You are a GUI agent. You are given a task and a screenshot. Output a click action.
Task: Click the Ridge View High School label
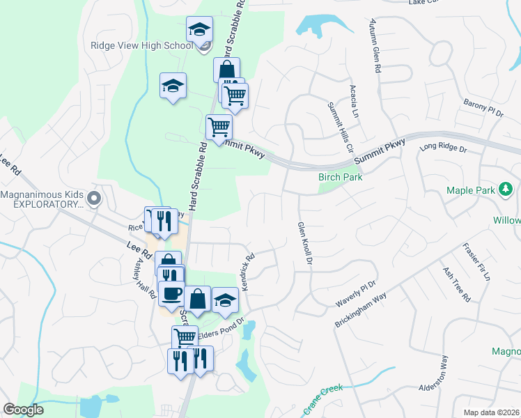point(141,45)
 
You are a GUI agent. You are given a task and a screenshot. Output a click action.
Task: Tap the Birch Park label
point(340,177)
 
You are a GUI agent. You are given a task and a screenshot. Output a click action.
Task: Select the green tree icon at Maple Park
point(506,189)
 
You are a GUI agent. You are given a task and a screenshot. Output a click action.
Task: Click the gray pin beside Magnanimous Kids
point(95,199)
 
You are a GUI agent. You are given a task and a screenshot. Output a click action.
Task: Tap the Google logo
point(24,410)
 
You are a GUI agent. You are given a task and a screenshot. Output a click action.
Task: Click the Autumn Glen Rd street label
point(375,47)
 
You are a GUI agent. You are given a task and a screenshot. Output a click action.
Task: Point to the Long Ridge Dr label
point(442,147)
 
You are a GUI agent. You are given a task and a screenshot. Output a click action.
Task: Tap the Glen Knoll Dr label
point(304,243)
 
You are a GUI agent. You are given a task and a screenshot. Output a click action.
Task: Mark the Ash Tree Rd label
point(456,284)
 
